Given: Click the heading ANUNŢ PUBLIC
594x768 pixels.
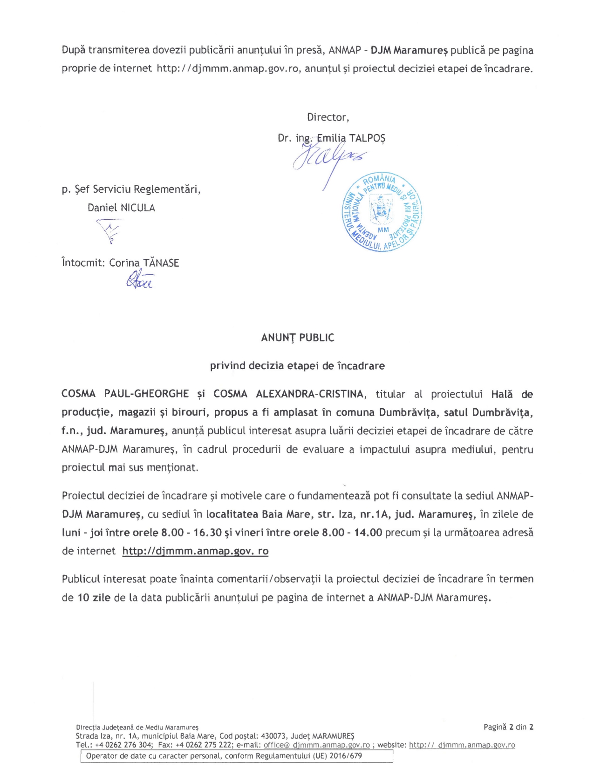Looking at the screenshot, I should tap(297, 337).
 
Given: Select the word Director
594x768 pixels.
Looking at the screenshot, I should tap(328, 117).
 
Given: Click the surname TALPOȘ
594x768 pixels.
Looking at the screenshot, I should tap(367, 138).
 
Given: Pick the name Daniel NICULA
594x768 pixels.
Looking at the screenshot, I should tap(121, 208).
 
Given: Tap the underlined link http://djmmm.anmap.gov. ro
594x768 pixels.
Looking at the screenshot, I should tap(195, 551).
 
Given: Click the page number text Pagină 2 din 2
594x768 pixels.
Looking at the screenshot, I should tap(508, 727).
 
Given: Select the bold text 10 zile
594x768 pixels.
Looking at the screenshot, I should tap(94, 597).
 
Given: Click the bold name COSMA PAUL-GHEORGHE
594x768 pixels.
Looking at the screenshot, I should tap(125, 394).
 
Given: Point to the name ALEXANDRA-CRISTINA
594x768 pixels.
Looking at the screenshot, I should tap(309, 394).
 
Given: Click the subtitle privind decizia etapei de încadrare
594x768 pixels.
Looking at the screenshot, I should tap(297, 365).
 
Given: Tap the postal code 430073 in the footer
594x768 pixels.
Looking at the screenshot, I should tap(275, 736).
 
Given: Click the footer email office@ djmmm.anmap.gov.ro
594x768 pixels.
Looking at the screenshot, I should tap(316, 745).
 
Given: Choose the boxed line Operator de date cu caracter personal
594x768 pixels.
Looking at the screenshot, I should tap(224, 755).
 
